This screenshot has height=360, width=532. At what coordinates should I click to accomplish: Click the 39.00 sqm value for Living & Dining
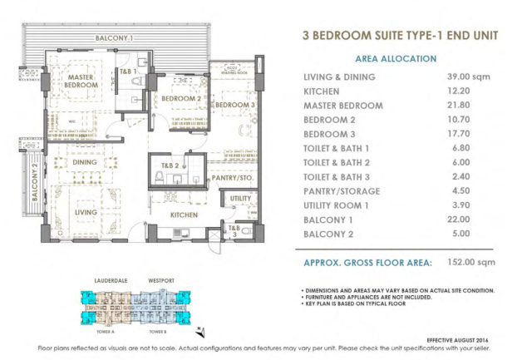[x=466, y=76]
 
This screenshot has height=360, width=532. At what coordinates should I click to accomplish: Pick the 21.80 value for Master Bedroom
[x=460, y=106]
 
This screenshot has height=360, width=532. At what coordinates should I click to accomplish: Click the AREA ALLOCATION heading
[x=395, y=59]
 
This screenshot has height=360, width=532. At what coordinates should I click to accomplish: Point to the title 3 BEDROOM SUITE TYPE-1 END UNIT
[x=395, y=36]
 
